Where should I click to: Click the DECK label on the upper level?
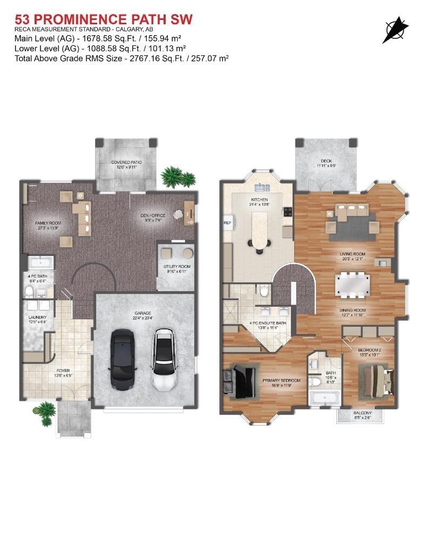pos(326,160)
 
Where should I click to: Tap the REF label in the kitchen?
pos(227,222)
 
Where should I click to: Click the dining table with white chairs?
pos(353,285)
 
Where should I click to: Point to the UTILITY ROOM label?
pos(177,267)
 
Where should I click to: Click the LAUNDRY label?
pos(38,318)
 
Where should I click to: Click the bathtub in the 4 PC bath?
pos(39,264)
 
